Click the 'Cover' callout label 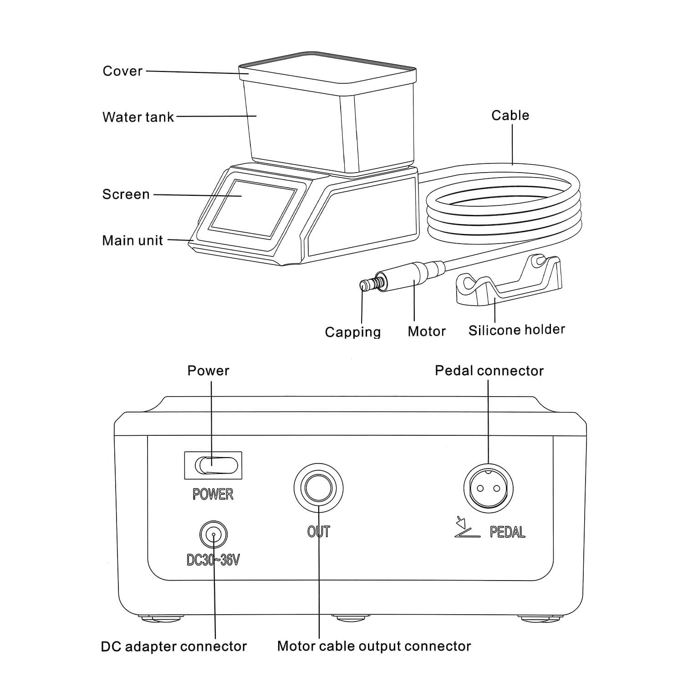122,71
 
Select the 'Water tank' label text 138,117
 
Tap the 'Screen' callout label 126,194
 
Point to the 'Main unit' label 132,240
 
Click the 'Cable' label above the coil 510,115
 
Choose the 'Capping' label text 352,332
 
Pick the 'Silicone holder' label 516,330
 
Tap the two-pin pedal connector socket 488,489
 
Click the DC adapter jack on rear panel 213,534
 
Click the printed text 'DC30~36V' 213,560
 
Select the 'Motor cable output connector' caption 374,646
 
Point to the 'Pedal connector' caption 489,371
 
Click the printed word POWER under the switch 213,494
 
